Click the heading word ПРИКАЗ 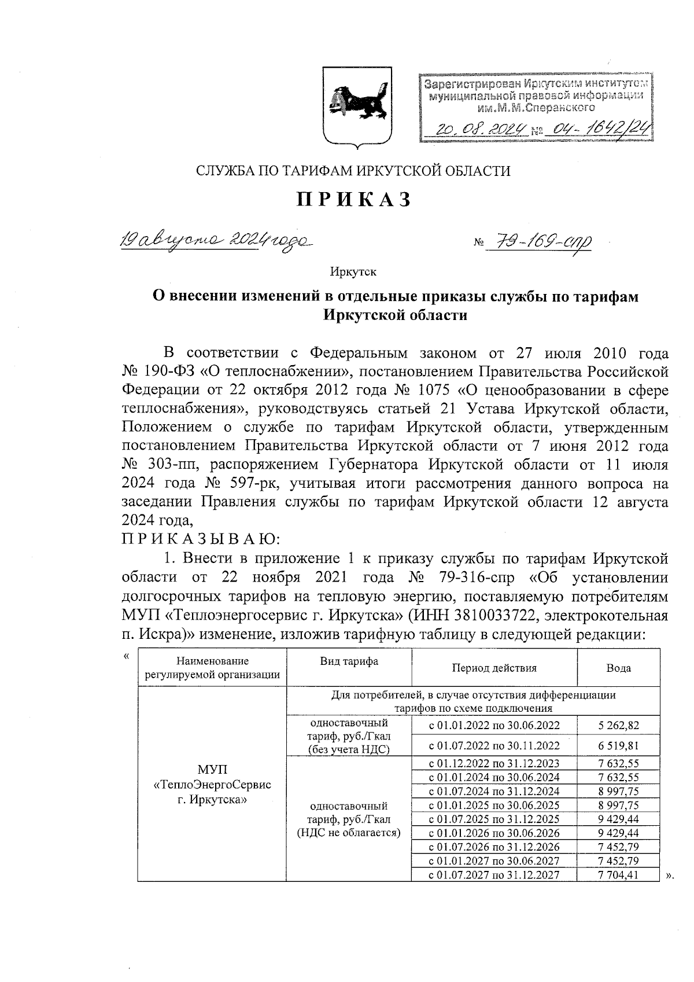[x=354, y=199]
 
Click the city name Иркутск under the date [x=353, y=271]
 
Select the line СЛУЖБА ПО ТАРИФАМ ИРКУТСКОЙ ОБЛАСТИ [x=353, y=171]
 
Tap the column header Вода [x=618, y=668]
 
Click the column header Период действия [x=494, y=668]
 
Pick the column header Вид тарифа [x=349, y=661]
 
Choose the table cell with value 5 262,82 [x=618, y=725]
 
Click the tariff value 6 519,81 [x=618, y=746]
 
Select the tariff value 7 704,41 [x=618, y=875]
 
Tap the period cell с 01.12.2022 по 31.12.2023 [x=494, y=764]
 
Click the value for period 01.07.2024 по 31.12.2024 [x=618, y=792]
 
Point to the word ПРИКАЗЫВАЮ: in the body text [x=200, y=539]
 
